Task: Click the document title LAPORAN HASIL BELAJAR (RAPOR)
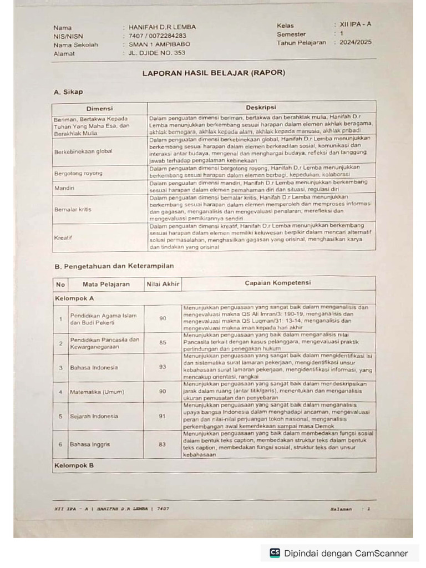tap(214, 73)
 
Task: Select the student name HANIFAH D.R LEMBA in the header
tap(162, 27)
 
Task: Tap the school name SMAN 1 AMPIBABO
tap(159, 44)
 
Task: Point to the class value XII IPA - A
tap(356, 25)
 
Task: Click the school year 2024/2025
tap(356, 42)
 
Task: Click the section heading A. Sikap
tap(68, 92)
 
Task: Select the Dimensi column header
tap(99, 108)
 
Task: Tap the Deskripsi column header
tap(261, 107)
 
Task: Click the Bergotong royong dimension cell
tap(78, 173)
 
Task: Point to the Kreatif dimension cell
tap(63, 237)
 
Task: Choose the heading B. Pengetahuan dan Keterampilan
tap(114, 266)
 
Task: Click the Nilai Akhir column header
tap(163, 284)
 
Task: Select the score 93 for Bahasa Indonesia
tap(163, 367)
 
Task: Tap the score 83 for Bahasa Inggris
tap(163, 444)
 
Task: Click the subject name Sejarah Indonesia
tap(94, 415)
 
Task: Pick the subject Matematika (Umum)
tap(97, 392)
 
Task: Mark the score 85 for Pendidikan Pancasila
tap(163, 343)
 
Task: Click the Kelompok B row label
tap(74, 465)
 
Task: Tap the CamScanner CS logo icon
tap(275, 552)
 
